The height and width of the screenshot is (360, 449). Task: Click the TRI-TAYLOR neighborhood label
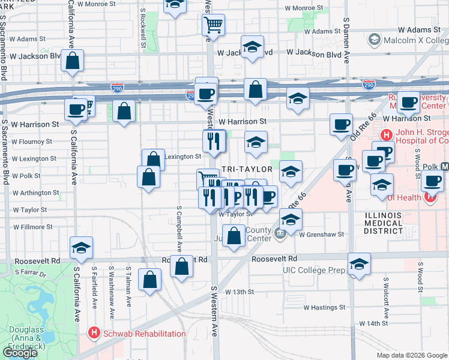point(247,170)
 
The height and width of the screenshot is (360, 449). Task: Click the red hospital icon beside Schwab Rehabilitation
point(94,332)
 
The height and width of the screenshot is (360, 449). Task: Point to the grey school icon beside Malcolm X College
point(374,40)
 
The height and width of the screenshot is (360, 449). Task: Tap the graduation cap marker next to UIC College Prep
point(359,263)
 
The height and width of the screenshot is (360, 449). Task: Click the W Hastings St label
point(324,308)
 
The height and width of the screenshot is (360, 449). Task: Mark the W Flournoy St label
point(32,142)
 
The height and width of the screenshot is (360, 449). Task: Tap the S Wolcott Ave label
point(386,287)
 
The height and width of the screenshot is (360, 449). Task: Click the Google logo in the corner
point(20,353)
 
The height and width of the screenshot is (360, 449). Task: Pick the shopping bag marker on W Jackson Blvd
point(72,61)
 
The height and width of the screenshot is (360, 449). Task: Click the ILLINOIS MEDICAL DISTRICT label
point(384,223)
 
